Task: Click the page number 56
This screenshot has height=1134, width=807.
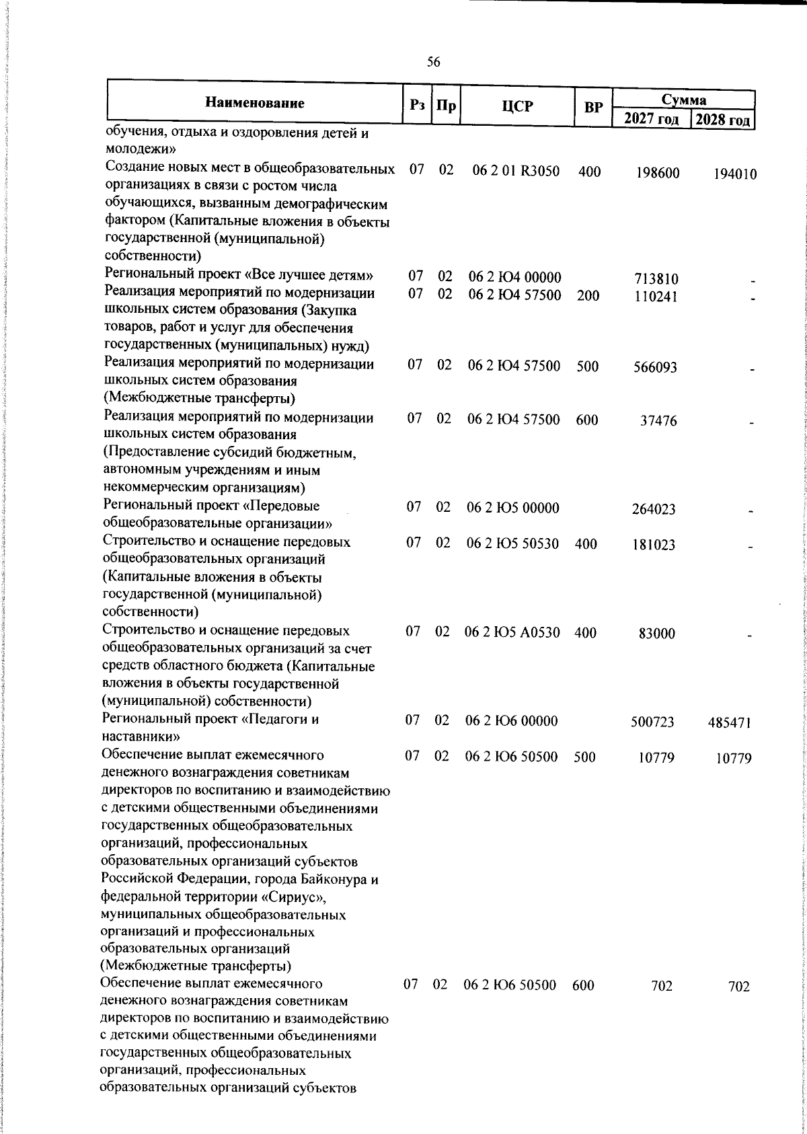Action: [x=434, y=62]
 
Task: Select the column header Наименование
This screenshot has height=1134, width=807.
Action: [x=254, y=103]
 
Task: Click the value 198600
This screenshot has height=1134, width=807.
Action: [x=658, y=174]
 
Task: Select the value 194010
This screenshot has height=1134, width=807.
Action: [x=735, y=175]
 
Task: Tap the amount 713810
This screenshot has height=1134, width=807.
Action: [x=656, y=278]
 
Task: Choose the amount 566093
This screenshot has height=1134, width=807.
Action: [x=656, y=367]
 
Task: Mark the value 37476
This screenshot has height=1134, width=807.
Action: [x=658, y=421]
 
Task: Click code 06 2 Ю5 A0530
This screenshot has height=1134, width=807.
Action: [x=512, y=632]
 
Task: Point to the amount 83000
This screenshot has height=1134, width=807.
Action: [x=657, y=634]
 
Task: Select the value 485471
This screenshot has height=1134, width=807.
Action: [x=730, y=723]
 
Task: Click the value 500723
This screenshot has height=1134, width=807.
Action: [x=652, y=722]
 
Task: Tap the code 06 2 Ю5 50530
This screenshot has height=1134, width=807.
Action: [x=513, y=543]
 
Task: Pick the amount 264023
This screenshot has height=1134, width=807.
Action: [x=654, y=509]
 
